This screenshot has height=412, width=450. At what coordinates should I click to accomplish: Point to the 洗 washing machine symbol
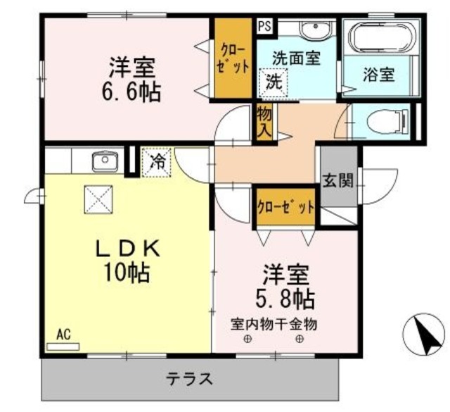tap(271, 81)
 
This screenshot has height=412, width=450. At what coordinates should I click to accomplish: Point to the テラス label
tap(189, 379)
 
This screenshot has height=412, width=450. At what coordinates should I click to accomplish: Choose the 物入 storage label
tap(264, 121)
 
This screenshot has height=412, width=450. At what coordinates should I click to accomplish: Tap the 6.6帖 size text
tap(135, 92)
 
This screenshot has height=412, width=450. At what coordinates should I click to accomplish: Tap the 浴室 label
tap(378, 73)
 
